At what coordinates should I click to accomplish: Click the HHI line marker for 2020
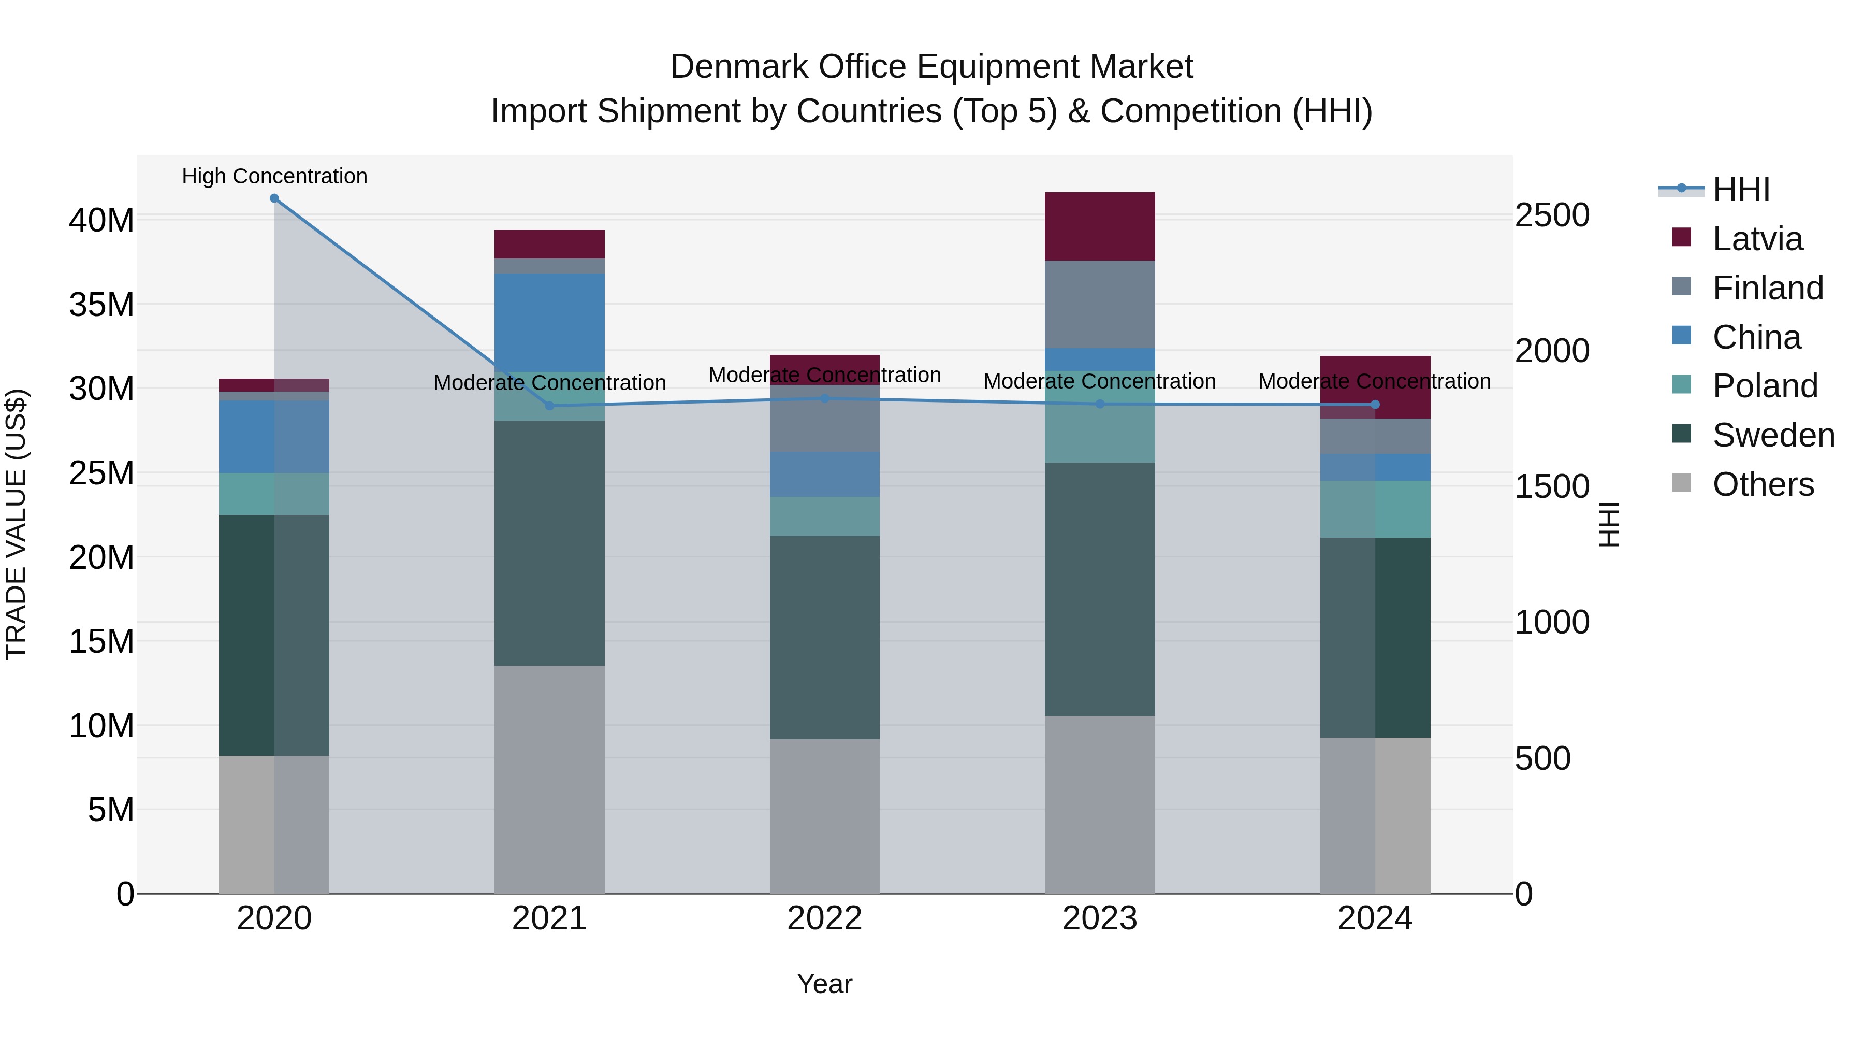274,198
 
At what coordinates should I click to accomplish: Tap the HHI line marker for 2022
824,398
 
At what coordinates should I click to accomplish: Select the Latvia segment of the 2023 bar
1099,226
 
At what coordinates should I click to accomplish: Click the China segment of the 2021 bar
549,322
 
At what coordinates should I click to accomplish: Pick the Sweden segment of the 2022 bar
824,637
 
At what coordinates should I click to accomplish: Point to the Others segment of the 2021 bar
549,779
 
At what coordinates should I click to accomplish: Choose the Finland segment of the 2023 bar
1099,304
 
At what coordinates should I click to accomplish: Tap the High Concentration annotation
274,176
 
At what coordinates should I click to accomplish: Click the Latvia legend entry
1756,239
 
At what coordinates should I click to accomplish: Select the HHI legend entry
1740,190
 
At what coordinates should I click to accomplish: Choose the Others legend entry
1762,484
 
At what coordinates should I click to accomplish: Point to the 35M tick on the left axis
101,305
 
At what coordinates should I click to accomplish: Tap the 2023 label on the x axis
1099,918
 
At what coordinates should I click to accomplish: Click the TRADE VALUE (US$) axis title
16,524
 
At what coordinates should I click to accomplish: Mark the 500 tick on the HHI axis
1543,758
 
